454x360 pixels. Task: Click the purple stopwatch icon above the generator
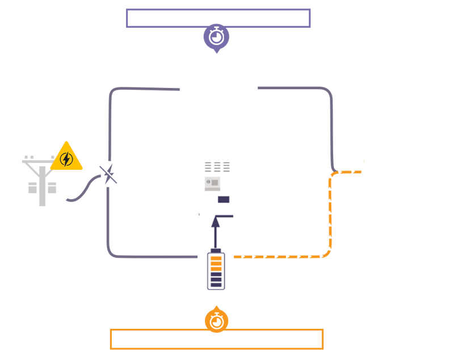(216, 37)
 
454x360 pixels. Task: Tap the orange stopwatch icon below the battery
(216, 321)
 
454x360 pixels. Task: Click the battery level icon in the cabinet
(216, 270)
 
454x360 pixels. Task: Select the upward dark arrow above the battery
(216, 233)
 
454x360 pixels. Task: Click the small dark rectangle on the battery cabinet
(224, 199)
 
